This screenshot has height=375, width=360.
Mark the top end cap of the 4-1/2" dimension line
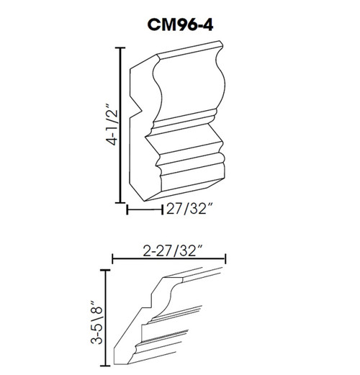119,49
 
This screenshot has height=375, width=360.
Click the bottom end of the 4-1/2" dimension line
119,204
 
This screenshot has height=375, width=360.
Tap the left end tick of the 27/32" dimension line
127,210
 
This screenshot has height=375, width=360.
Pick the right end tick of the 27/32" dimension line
160,210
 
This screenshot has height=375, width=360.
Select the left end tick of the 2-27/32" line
112,260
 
